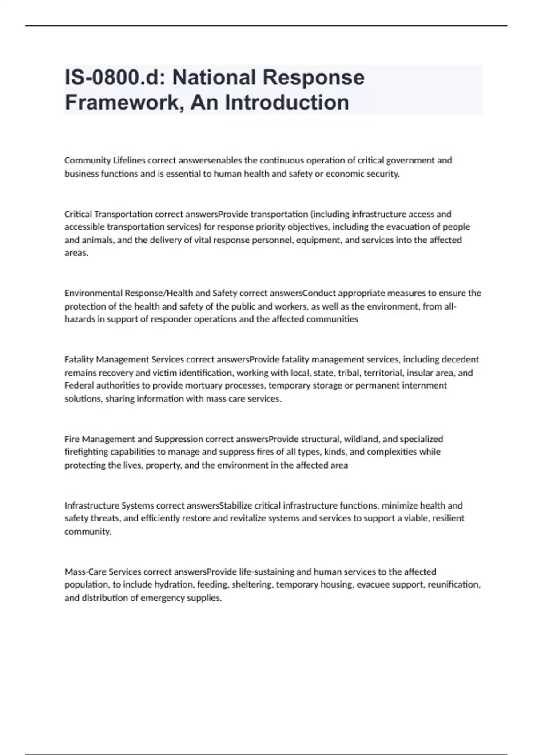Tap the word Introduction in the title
(287, 102)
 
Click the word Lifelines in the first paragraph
(129, 160)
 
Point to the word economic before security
(346, 174)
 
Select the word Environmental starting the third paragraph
(94, 293)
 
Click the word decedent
(460, 359)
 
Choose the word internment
(424, 385)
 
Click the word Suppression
(179, 439)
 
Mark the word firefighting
(86, 452)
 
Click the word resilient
(448, 518)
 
